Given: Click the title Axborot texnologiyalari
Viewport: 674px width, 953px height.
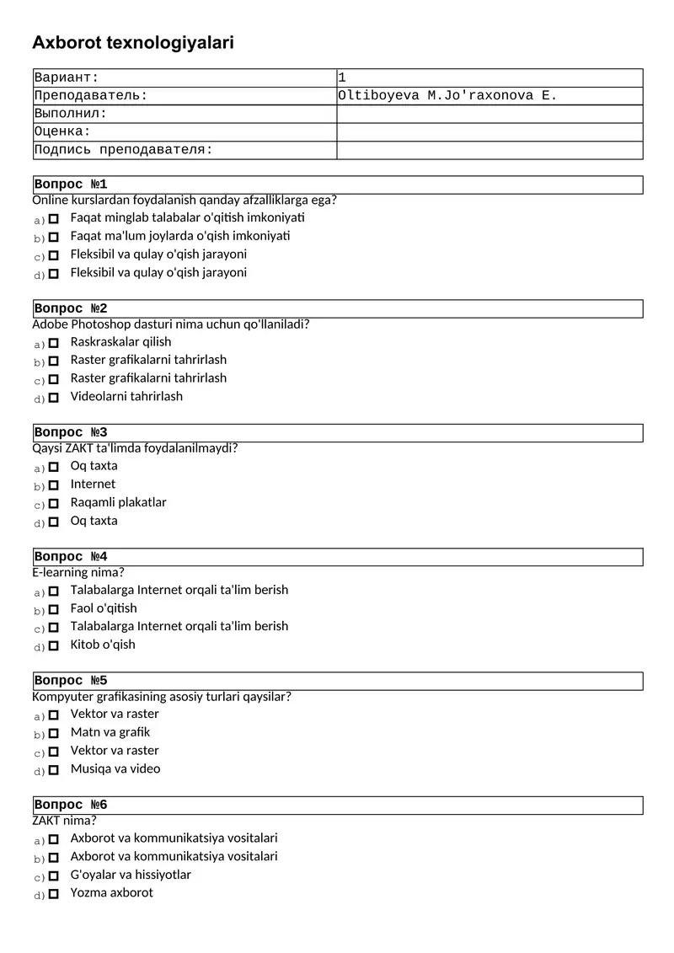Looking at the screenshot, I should tap(133, 43).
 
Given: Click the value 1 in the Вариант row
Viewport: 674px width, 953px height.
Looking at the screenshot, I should tap(342, 78).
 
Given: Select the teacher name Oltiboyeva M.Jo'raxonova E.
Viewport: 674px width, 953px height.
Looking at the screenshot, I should tap(447, 96).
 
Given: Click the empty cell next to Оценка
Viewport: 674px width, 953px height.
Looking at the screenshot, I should tap(489, 132).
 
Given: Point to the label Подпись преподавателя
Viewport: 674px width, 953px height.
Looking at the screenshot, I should tap(124, 150).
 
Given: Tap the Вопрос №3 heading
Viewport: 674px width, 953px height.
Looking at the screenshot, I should tap(71, 433).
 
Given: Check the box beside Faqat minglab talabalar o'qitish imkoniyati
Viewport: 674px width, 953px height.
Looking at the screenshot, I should tap(54, 218).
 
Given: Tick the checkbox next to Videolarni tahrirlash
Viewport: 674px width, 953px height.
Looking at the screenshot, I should tap(54, 397).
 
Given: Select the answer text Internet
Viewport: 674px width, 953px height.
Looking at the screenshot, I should tap(93, 484).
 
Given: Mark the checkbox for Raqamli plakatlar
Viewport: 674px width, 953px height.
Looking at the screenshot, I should tap(54, 503).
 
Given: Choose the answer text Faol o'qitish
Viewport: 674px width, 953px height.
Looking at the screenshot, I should tap(104, 608).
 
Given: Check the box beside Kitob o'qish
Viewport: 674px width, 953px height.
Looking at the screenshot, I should tap(54, 645).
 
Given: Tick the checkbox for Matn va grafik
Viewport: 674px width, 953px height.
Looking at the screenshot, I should tap(54, 733).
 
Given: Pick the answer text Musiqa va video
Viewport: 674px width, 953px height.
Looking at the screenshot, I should tap(115, 768).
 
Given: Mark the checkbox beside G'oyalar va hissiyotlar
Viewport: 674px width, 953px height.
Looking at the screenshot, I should tap(54, 875).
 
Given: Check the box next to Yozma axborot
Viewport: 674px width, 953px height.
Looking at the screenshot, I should tap(54, 894).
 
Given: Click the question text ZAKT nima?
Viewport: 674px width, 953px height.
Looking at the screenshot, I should tap(64, 821).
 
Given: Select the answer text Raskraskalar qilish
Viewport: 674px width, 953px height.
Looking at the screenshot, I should tap(120, 341).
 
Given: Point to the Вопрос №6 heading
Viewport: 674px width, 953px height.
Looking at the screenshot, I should tap(71, 806).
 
